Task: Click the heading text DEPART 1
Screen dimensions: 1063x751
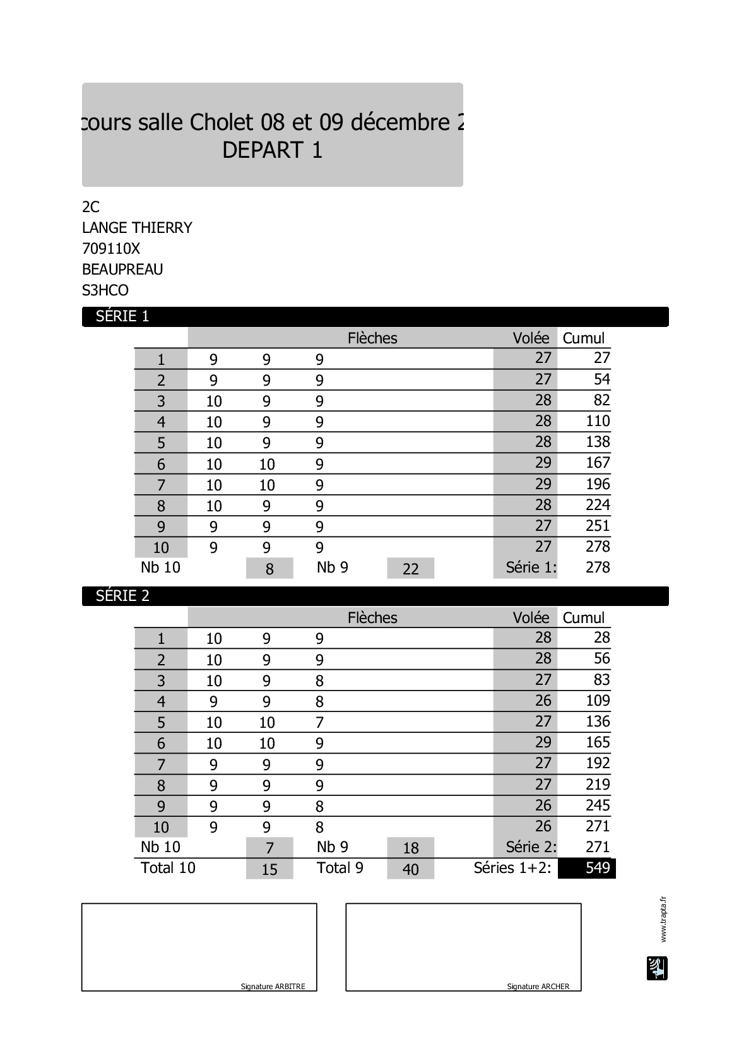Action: point(272,150)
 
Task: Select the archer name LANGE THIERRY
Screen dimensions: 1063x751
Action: point(137,228)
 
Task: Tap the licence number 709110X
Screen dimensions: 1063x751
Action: point(111,249)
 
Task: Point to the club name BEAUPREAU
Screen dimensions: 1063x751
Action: point(122,270)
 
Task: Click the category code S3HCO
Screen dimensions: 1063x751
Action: point(105,290)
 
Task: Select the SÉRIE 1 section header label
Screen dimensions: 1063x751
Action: point(122,316)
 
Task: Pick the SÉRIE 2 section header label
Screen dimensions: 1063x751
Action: point(122,596)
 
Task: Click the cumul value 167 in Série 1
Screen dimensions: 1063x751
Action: point(598,463)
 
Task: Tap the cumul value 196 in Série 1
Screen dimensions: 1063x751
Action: point(598,484)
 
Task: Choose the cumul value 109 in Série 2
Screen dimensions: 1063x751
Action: point(598,701)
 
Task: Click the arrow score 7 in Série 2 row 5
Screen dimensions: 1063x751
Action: point(319,723)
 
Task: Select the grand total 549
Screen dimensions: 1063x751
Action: point(597,868)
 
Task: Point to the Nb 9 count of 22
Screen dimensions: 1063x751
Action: point(410,569)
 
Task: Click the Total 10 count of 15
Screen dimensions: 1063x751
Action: point(269,869)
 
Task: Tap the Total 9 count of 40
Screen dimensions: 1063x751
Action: point(410,869)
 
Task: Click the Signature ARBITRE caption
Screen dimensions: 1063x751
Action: point(273,987)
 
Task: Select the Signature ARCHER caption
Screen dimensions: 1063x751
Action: point(538,987)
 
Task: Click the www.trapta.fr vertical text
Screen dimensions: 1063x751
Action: point(663,919)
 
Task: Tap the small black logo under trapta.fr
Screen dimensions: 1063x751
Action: point(657,968)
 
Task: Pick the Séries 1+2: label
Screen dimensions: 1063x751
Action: point(512,868)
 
